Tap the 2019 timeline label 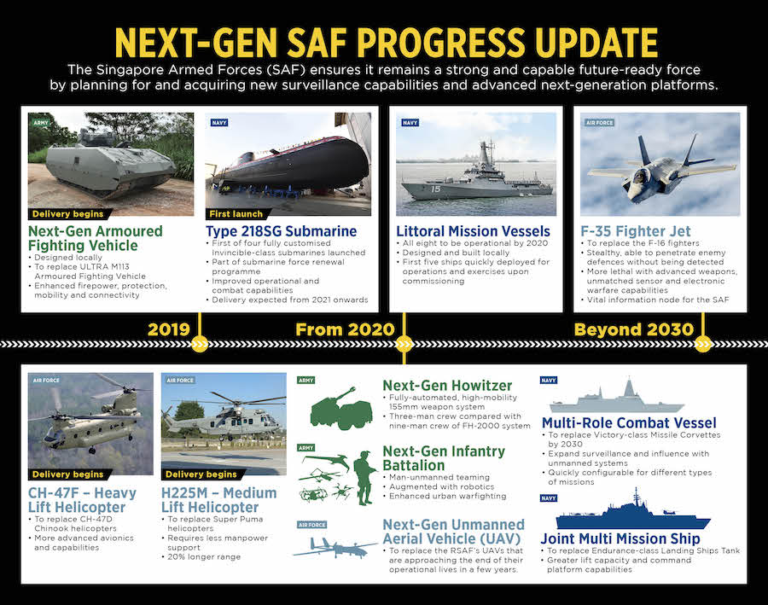(169, 329)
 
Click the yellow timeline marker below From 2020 (404, 345)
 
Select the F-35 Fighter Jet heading (635, 231)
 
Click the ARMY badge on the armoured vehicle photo (41, 123)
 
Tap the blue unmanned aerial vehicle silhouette (334, 546)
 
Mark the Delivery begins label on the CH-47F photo (67, 474)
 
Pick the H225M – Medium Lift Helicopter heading (221, 500)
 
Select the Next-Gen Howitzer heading (447, 386)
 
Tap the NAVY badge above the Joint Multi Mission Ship (549, 497)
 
